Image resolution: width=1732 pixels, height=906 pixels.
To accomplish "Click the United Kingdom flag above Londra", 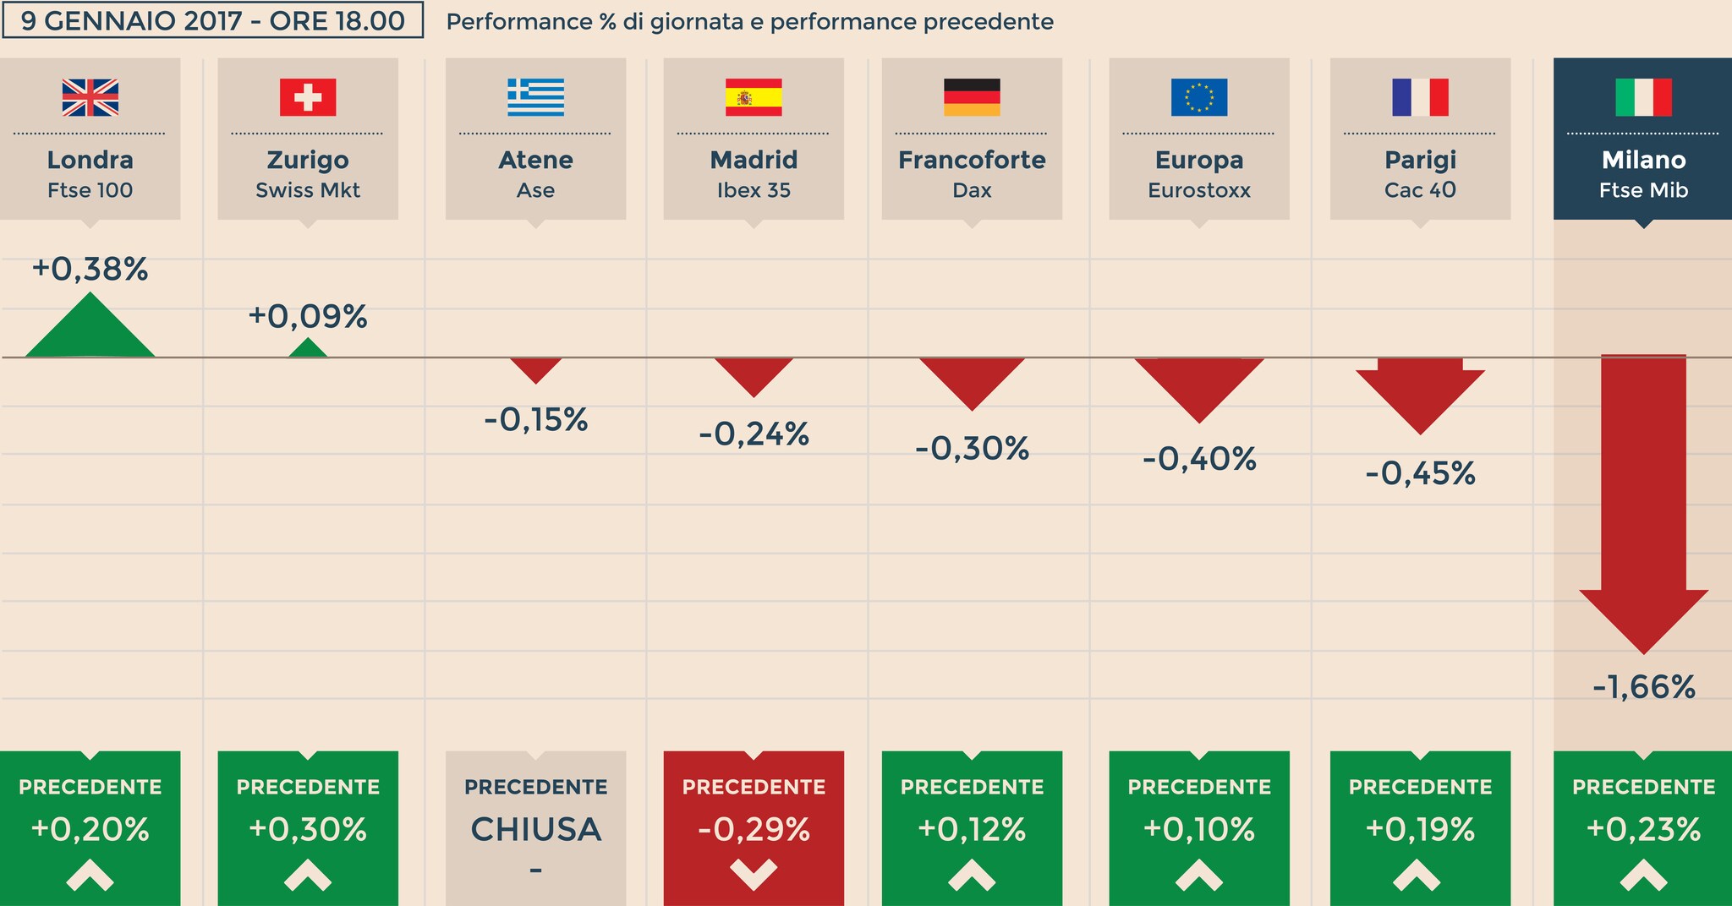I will tap(90, 97).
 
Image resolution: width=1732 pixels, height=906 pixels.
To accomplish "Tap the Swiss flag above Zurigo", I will tap(308, 97).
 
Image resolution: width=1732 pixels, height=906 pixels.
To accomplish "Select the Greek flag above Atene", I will tap(535, 97).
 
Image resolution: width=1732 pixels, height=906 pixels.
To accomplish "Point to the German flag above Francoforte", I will tap(972, 97).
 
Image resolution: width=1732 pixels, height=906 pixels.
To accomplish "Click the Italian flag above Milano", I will tap(1643, 97).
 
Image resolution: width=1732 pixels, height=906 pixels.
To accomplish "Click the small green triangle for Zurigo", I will tap(308, 349).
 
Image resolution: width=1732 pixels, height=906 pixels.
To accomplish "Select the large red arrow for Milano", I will tap(1643, 507).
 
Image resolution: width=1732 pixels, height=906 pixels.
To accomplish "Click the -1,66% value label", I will tap(1643, 687).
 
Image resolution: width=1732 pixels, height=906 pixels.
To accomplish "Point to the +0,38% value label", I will tap(90, 270).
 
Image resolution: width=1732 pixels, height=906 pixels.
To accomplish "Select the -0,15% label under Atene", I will tap(535, 419).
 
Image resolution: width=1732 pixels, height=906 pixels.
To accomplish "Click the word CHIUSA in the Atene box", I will tap(535, 829).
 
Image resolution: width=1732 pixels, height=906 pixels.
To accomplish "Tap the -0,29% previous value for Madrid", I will tap(754, 829).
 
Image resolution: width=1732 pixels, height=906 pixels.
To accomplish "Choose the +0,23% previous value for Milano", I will tap(1643, 829).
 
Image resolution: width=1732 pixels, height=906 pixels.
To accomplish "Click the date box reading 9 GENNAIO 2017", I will tap(212, 21).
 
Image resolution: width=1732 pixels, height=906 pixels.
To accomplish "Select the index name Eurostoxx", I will tap(1198, 190).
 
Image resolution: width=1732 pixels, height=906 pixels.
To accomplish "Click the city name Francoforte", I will tap(972, 160).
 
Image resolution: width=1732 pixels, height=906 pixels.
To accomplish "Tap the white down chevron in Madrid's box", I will tap(754, 874).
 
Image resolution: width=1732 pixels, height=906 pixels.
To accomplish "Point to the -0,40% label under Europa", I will tap(1198, 459).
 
